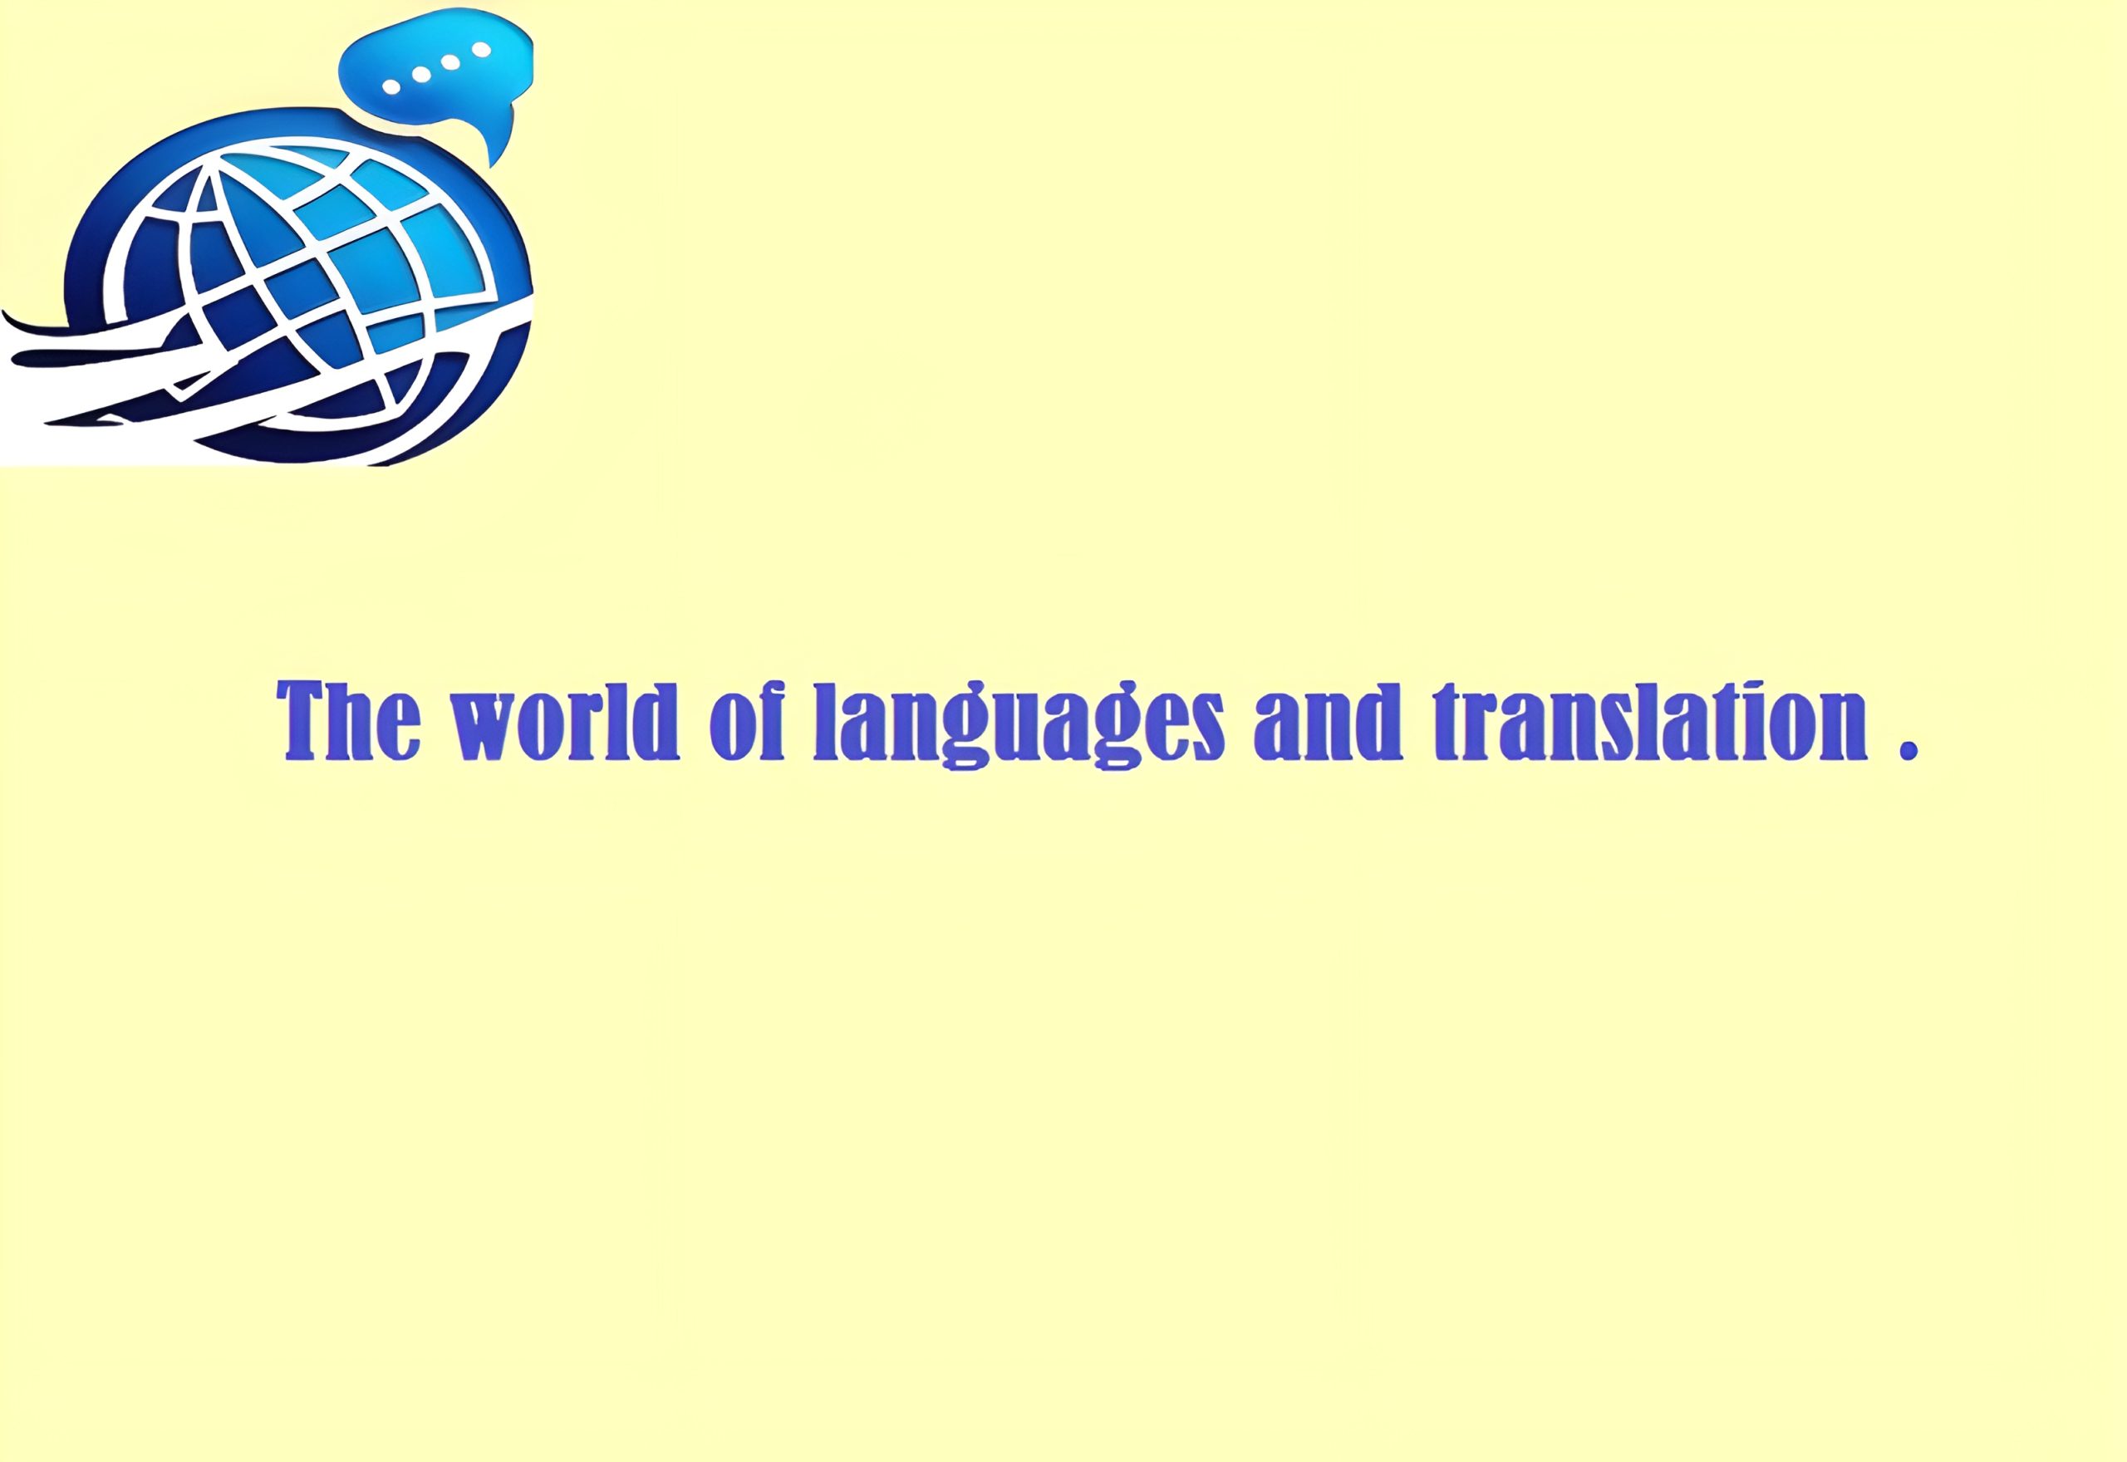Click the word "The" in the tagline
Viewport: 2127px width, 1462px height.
click(349, 720)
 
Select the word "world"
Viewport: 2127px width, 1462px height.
click(564, 720)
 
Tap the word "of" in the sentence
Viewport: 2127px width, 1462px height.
click(748, 720)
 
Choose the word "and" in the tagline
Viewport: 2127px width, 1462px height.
click(1329, 720)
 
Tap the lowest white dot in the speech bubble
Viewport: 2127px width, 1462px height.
click(391, 87)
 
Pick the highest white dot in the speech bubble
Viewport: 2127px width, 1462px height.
click(481, 51)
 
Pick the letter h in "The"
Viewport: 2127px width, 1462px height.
click(360, 720)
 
